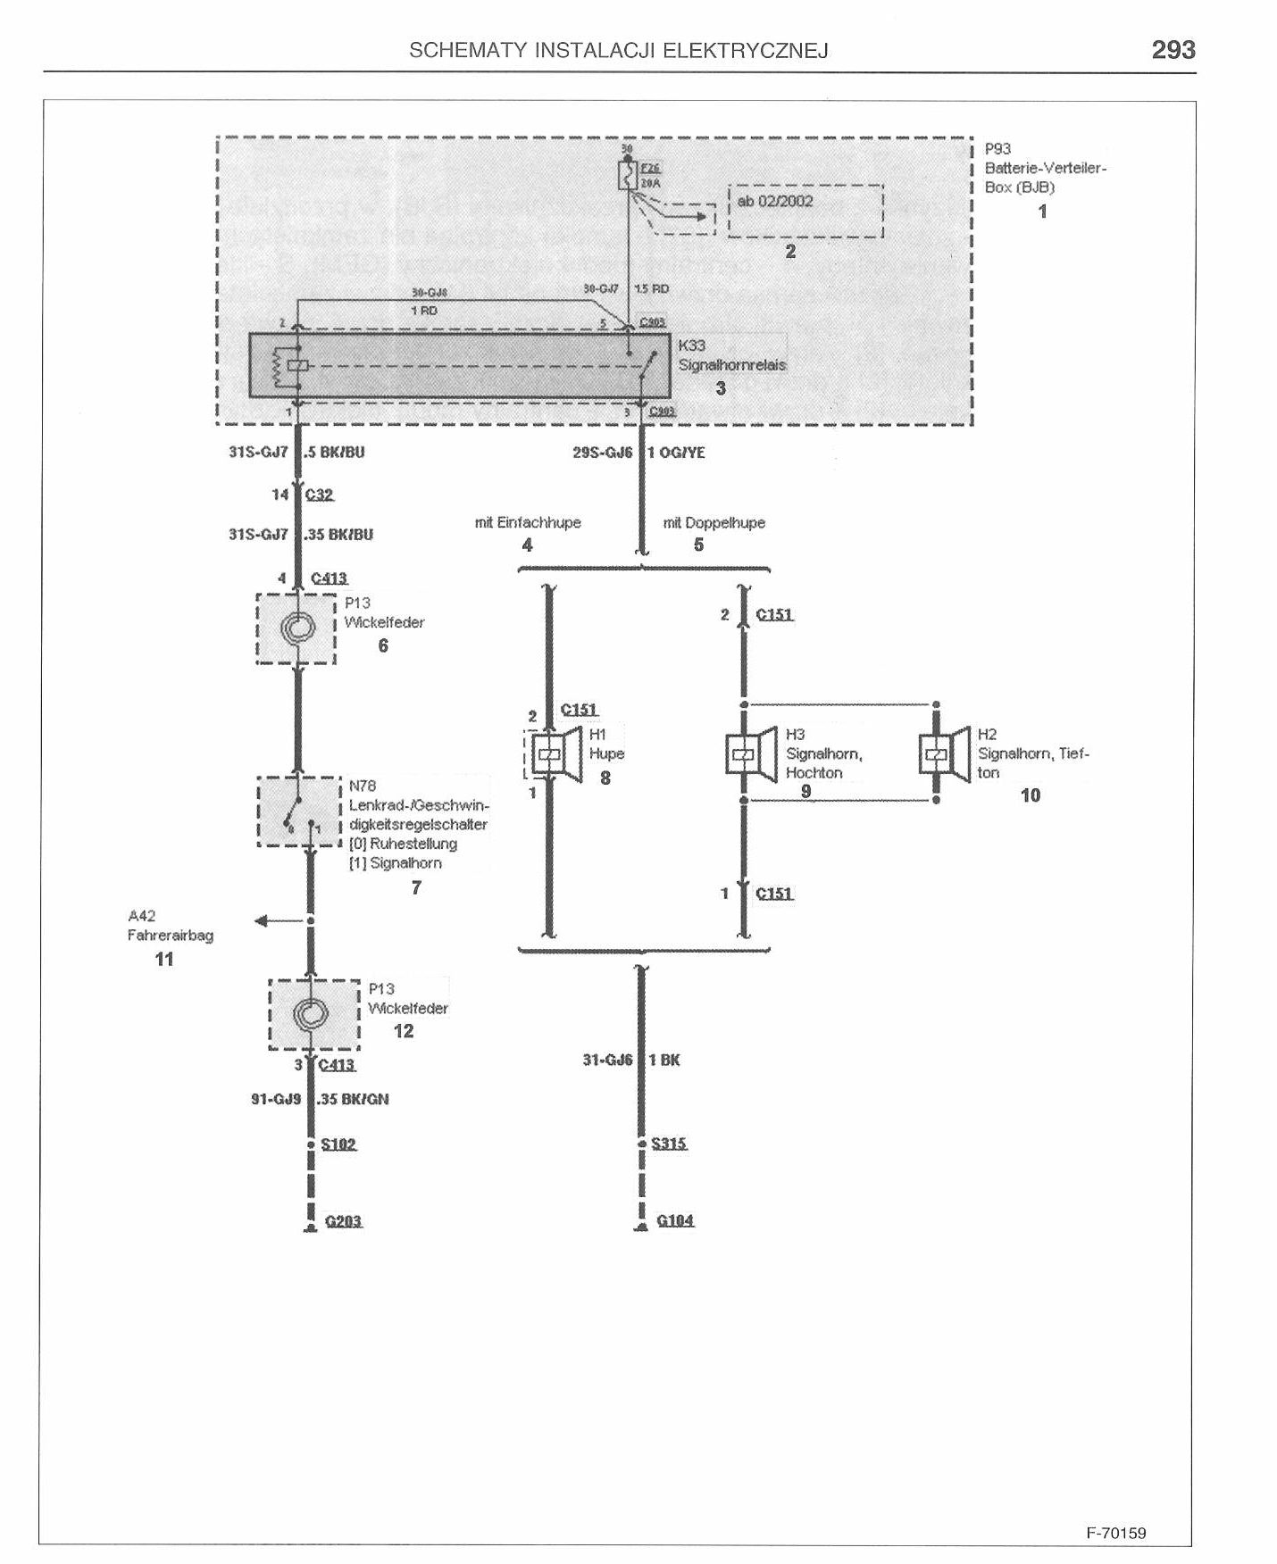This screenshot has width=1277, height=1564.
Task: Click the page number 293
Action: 1173,49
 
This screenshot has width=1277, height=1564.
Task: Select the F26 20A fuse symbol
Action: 627,175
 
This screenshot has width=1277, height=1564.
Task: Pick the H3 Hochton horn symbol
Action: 749,753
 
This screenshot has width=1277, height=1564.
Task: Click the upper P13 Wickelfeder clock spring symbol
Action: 296,628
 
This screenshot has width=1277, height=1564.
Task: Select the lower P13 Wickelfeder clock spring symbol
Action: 313,1014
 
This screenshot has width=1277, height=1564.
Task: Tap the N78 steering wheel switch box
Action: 300,811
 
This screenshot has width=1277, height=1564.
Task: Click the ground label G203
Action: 343,1220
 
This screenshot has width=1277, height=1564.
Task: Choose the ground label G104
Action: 675,1220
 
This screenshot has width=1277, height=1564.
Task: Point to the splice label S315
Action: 669,1144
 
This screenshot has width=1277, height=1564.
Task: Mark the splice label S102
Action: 338,1144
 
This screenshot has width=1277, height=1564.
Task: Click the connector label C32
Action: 319,495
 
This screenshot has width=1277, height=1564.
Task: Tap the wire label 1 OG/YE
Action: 676,453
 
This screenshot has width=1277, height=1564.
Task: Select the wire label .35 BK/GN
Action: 354,1099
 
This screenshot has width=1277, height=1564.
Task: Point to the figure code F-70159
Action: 1115,1533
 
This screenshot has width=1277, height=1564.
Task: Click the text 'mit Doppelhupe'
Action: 714,523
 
